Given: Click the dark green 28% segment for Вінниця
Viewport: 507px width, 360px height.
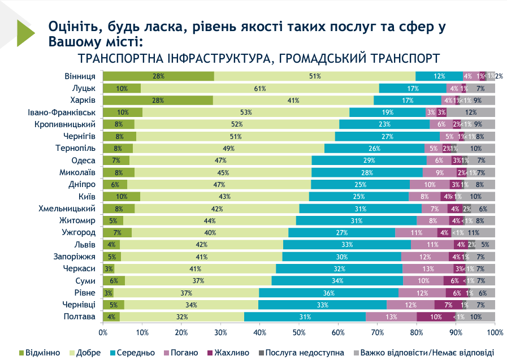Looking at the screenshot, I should click(x=158, y=76).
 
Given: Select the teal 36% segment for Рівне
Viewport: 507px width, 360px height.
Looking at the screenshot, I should click(x=329, y=293).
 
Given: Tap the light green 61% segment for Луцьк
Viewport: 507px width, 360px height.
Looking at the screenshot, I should click(x=259, y=88).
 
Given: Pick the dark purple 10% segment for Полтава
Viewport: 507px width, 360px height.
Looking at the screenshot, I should click(x=436, y=316).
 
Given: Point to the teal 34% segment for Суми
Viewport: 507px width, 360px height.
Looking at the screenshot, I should click(x=337, y=281).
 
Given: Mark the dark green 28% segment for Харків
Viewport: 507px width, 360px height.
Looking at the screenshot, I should click(x=158, y=101).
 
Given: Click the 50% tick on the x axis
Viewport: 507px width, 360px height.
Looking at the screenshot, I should click(x=298, y=333).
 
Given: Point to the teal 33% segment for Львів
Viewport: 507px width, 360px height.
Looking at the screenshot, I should click(x=347, y=245).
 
